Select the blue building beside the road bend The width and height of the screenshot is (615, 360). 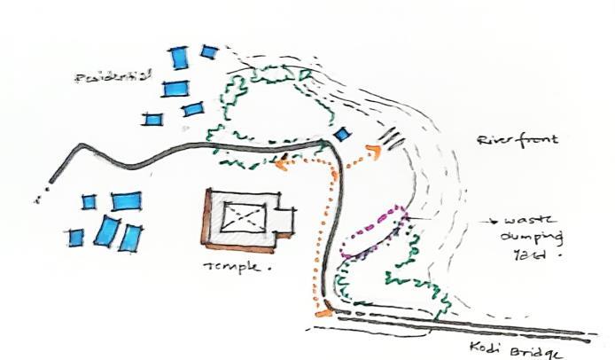coord(342,134)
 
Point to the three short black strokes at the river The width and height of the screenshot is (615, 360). coord(393,137)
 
